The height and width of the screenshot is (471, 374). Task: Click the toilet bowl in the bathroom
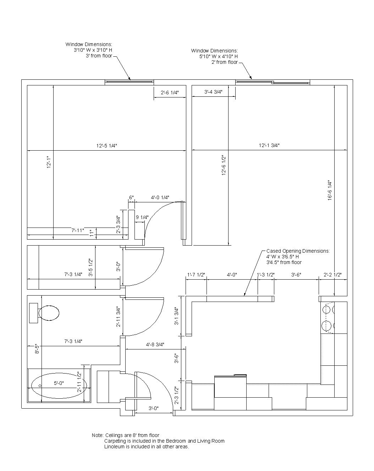pyautogui.click(x=49, y=313)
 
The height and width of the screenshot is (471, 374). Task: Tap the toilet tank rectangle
pyautogui.click(x=34, y=313)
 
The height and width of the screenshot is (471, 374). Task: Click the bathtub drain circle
pyautogui.click(x=40, y=386)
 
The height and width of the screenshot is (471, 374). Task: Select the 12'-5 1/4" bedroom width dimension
pyautogui.click(x=107, y=146)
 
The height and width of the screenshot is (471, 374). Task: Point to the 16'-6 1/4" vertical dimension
pyautogui.click(x=330, y=190)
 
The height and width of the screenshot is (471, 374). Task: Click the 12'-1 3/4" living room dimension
pyautogui.click(x=269, y=145)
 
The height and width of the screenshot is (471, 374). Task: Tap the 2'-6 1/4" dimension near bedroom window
pyautogui.click(x=170, y=92)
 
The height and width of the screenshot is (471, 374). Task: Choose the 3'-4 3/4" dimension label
pyautogui.click(x=213, y=92)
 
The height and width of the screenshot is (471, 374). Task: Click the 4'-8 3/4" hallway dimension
pyautogui.click(x=155, y=345)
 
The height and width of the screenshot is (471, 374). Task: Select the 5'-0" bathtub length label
pyautogui.click(x=59, y=383)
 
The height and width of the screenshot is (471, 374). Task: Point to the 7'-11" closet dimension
pyautogui.click(x=78, y=230)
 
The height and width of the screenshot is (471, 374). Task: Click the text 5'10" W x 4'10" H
pyautogui.click(x=219, y=56)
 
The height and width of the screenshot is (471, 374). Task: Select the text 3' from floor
pyautogui.click(x=99, y=56)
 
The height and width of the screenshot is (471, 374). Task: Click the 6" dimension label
pyautogui.click(x=131, y=198)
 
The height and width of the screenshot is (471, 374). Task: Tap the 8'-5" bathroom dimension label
pyautogui.click(x=37, y=349)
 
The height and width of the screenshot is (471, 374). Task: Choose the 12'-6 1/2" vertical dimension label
pyautogui.click(x=224, y=165)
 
